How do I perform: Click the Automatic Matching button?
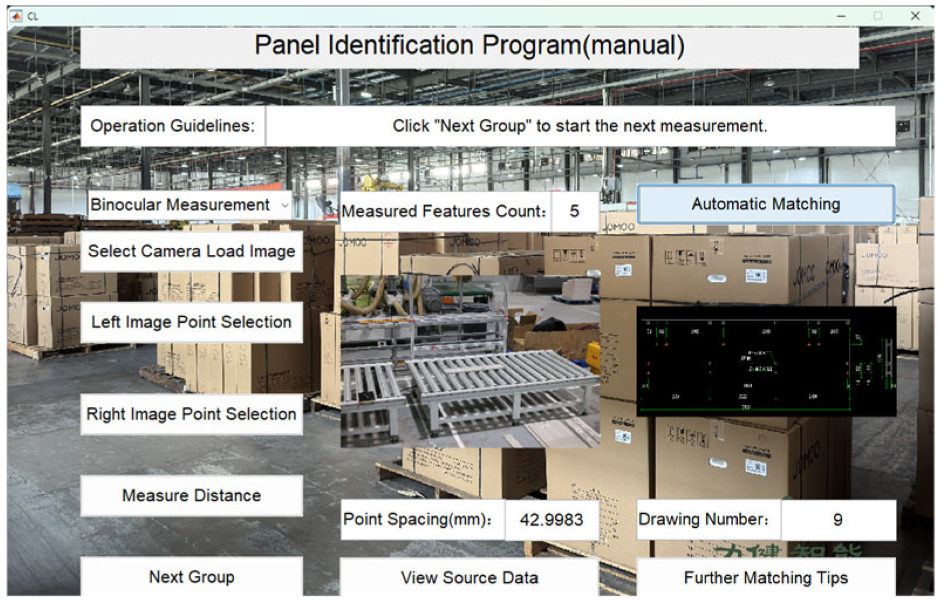pos(765,204)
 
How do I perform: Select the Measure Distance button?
pos(191,496)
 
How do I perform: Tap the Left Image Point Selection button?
pos(191,322)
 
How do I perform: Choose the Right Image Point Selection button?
pos(191,414)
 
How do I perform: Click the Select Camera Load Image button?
pos(191,251)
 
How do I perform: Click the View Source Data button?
pos(469,578)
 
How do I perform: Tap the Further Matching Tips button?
pos(765,578)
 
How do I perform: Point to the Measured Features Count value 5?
pos(574,211)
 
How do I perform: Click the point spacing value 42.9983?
pos(551,520)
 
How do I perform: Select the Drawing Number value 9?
pos(837,520)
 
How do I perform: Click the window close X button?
pos(915,16)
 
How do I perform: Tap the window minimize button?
pos(841,16)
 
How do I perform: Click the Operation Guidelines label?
pos(173,126)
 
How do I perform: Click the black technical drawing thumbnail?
pos(766,361)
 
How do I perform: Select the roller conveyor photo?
pos(470,361)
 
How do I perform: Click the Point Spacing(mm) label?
pos(417,520)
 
